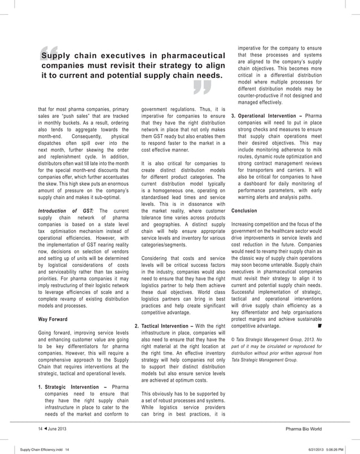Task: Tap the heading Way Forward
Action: pyautogui.click(x=52, y=319)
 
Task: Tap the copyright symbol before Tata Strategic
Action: pyautogui.click(x=234, y=340)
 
